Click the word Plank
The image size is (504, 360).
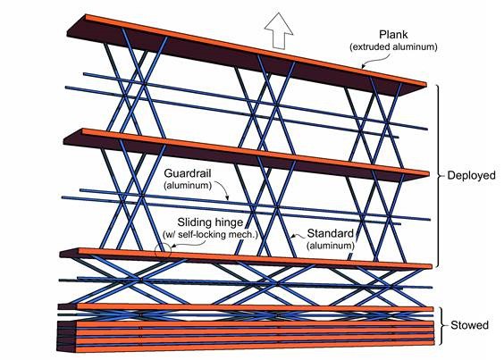tap(393, 35)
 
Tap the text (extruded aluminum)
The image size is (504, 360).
tap(393, 47)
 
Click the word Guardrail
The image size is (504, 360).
tap(188, 173)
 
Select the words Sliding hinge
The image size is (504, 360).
tap(210, 222)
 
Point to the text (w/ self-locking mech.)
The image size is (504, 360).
tap(211, 234)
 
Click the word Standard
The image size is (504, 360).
tap(330, 233)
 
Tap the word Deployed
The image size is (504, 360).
tap(471, 175)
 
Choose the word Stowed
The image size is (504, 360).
tap(469, 325)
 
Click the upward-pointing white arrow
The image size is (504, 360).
tap(279, 31)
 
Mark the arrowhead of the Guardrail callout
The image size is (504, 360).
tap(227, 198)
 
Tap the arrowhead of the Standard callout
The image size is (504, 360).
tap(292, 237)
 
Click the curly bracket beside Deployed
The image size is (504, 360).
tap(439, 176)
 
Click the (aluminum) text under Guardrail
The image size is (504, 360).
tap(188, 186)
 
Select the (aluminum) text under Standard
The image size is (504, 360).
tap(330, 246)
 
